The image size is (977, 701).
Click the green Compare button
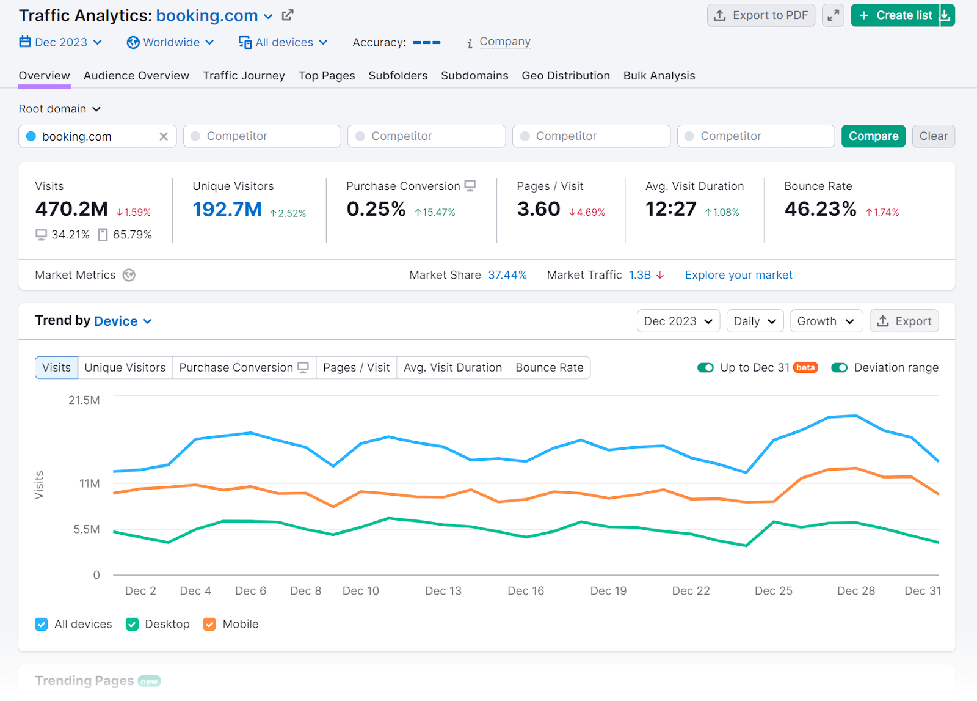pyautogui.click(x=873, y=136)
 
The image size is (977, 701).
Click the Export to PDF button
pyautogui.click(x=761, y=15)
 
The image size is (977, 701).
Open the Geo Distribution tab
pyautogui.click(x=565, y=76)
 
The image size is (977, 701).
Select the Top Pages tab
pyautogui.click(x=327, y=76)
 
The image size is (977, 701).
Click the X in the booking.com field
pyautogui.click(x=164, y=136)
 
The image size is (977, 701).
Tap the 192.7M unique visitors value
pyautogui.click(x=227, y=210)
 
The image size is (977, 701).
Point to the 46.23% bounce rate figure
pyautogui.click(x=820, y=209)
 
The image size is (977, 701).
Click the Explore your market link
pyautogui.click(x=738, y=275)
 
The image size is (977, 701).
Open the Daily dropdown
pyautogui.click(x=755, y=321)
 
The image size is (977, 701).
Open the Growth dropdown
pyautogui.click(x=826, y=321)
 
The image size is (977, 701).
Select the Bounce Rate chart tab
pyautogui.click(x=549, y=368)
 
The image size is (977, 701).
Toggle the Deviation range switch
pyautogui.click(x=839, y=368)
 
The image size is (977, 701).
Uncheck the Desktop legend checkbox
pyautogui.click(x=132, y=624)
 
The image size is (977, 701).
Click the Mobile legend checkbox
pyautogui.click(x=209, y=624)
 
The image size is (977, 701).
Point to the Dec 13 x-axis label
pyautogui.click(x=443, y=591)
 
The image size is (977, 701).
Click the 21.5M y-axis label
pyautogui.click(x=84, y=400)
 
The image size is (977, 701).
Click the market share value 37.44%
pyautogui.click(x=507, y=275)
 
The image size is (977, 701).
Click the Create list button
pyautogui.click(x=895, y=15)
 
